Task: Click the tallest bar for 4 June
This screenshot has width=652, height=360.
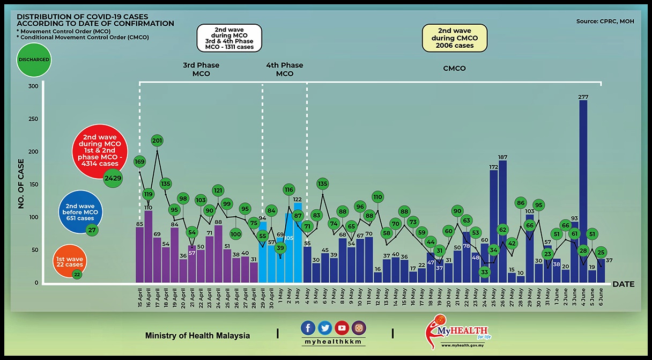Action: pos(583,193)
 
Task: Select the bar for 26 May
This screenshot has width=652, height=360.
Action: pos(502,220)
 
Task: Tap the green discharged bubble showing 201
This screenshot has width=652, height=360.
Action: pos(157,141)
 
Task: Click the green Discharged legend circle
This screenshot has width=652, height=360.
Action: pos(34,60)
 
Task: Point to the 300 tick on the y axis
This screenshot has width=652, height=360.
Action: pos(33,86)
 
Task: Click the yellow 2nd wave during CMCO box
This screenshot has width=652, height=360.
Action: pos(455,38)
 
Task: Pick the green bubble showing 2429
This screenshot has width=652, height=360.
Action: pos(113,178)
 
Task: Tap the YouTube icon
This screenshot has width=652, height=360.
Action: pos(342,328)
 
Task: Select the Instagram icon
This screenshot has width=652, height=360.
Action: pos(359,328)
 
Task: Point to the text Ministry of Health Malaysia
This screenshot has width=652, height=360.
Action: pos(197,336)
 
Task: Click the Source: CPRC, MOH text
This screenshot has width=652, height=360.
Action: pos(604,21)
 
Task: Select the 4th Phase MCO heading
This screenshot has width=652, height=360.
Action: pos(285,69)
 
